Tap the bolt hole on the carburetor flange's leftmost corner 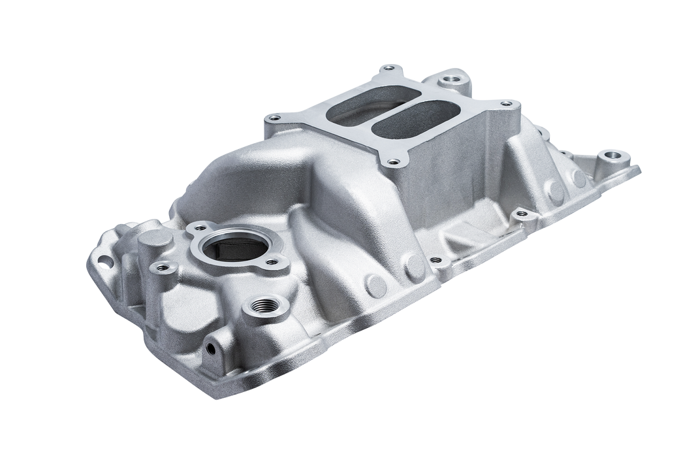[x=273, y=119]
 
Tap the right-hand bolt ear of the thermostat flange [x=283, y=262]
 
